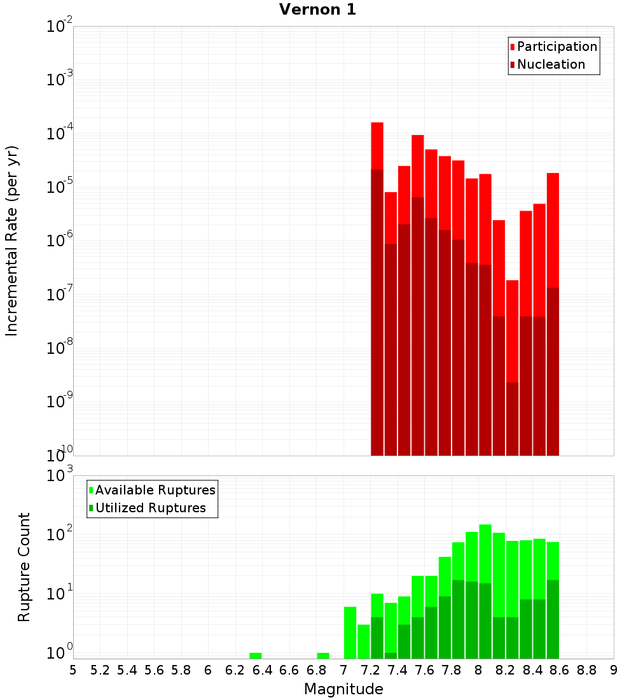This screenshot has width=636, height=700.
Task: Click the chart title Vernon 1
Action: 317,10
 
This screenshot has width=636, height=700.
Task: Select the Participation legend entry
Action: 553,46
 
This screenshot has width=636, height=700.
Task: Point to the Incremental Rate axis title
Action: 12,241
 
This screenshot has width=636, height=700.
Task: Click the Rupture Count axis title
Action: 24,566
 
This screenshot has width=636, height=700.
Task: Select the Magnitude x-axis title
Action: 343,689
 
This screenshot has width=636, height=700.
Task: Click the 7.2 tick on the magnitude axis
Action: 370,670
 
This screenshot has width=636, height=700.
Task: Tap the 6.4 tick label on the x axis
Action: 262,670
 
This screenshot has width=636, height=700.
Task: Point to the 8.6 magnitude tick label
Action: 560,670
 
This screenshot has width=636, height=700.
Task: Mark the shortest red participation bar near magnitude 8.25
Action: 513,331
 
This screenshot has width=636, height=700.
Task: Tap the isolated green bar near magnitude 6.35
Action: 256,655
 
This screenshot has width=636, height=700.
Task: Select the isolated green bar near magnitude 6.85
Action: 323,655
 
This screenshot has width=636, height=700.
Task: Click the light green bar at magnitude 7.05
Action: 350,633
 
